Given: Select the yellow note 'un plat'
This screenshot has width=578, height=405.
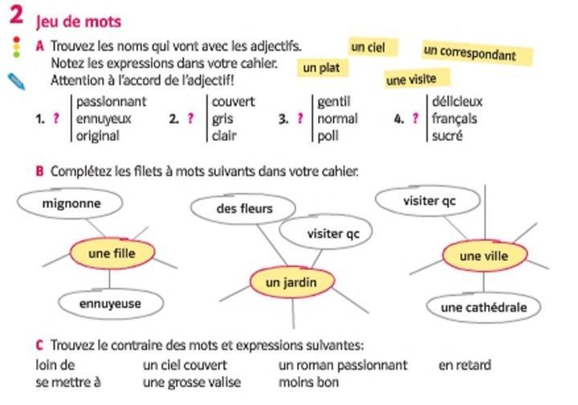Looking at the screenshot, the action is pos(320,68).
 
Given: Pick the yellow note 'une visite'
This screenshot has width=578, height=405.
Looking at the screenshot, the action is pos(417,79).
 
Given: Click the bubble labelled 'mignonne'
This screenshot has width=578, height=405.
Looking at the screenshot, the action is pos(71,203).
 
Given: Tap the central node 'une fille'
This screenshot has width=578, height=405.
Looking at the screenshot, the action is pos(111,253).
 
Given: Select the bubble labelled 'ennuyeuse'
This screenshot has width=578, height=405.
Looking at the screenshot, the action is pos(110,304).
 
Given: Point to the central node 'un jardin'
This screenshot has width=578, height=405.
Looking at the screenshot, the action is pos(291,282).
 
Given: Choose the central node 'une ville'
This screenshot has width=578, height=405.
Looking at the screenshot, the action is pos(485,256).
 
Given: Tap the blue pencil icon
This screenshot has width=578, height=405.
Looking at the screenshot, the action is pos(16,81).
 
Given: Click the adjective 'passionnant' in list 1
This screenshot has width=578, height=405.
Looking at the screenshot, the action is pos(111,101).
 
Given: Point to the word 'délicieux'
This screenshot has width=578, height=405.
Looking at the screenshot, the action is pos(457,101).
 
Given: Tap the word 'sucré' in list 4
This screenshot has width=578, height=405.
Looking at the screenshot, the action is pos(447,136).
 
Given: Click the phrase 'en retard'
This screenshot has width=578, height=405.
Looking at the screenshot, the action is pos(464,366).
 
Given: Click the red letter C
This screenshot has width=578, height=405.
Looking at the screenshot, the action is pos(39,346).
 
